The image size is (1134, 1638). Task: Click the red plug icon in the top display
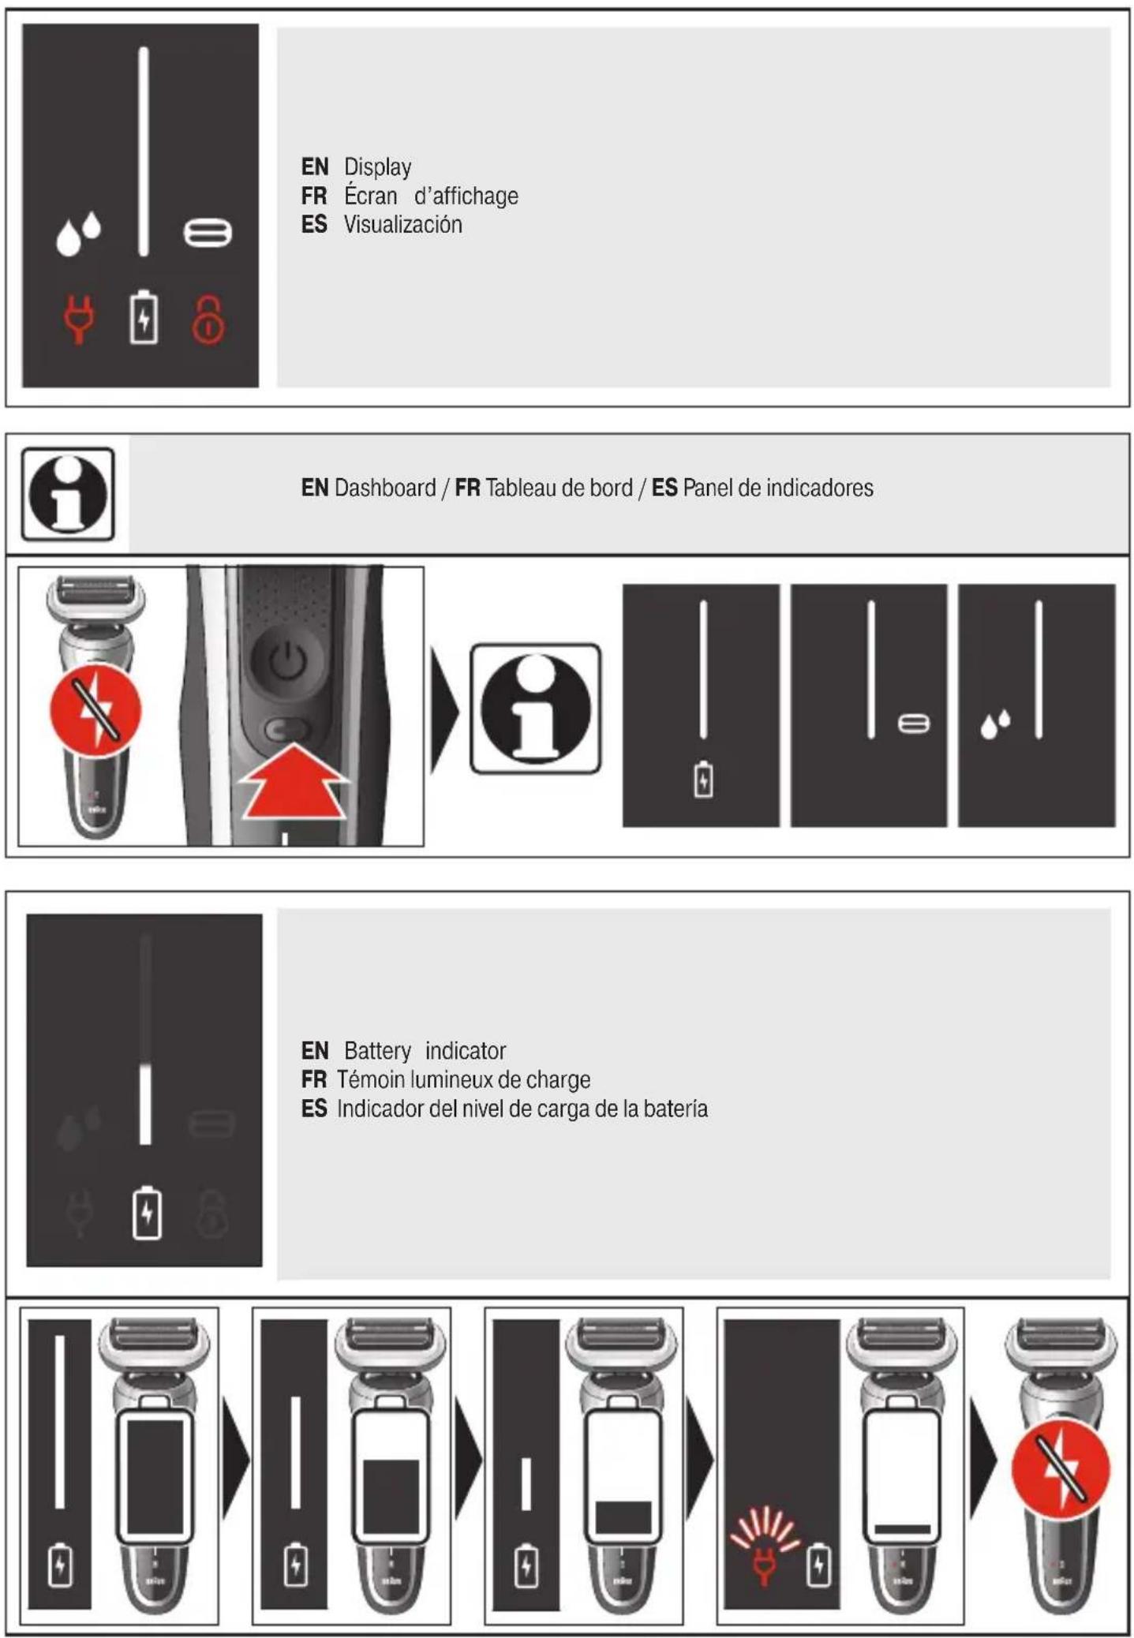point(78,319)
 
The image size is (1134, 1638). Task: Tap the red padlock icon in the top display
point(208,320)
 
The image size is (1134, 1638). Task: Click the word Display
point(377,167)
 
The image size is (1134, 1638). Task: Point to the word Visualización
point(402,225)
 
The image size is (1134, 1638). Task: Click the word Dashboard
point(385,488)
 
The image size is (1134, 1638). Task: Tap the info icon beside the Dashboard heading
point(68,494)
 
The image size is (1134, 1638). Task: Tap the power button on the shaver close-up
point(287,661)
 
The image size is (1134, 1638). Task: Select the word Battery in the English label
point(377,1051)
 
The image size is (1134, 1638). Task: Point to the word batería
point(675,1109)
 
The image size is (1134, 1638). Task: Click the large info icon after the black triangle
point(536,708)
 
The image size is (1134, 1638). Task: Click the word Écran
point(370,195)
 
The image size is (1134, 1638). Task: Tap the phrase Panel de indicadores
point(778,488)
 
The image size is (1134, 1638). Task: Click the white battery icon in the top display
point(144,317)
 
